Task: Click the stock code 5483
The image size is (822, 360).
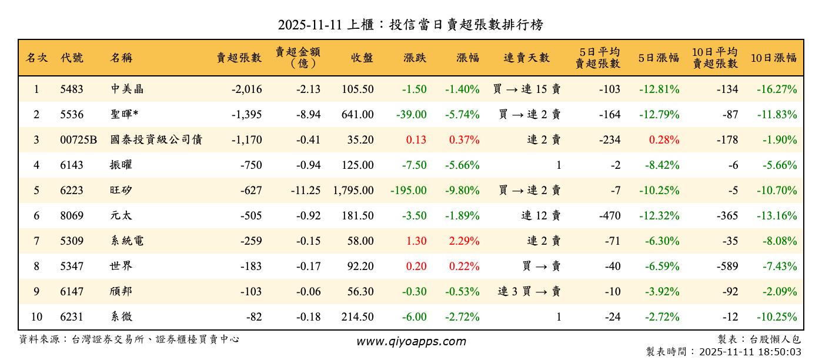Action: (x=72, y=89)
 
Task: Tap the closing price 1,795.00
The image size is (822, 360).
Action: (x=353, y=191)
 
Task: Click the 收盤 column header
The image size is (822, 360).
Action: (x=362, y=58)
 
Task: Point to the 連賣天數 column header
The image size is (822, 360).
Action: (x=526, y=58)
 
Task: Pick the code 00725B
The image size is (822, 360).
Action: (x=78, y=140)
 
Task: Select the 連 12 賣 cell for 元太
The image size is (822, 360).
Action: (x=541, y=216)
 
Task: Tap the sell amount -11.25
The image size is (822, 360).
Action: (x=305, y=191)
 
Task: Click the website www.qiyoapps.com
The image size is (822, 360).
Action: (x=411, y=342)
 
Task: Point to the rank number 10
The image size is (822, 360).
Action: (x=36, y=317)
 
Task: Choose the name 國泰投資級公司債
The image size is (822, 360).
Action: (x=156, y=140)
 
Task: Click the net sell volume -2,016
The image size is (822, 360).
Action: (x=246, y=89)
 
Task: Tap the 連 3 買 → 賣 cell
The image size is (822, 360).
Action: (x=529, y=292)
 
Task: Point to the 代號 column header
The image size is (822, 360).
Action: (x=72, y=58)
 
